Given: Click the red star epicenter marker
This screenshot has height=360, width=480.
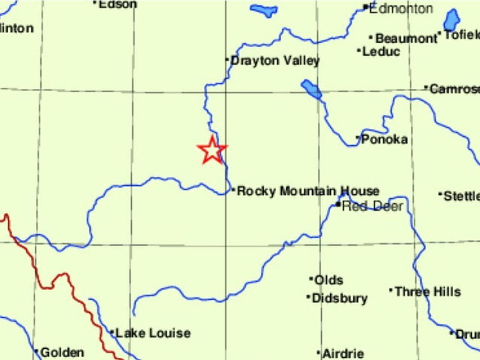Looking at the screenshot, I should pos(212,150).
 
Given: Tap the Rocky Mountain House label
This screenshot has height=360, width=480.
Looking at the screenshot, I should pos(308,191).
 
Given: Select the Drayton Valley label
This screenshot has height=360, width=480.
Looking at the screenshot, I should pos(275,61).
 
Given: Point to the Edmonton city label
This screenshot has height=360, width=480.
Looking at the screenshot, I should pos(401,8).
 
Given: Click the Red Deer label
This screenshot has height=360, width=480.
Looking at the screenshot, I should pos(372,206).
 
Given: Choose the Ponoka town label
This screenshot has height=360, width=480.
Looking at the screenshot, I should pos(384,139).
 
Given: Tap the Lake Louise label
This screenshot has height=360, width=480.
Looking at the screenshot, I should pos(153,333).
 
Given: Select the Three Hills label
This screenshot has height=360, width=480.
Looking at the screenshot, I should pos(427,291).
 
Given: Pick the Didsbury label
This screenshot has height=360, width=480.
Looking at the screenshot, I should pos(339,298).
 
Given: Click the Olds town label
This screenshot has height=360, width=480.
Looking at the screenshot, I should pos(328,280).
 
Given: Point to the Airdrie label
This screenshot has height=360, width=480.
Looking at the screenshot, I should pos(343,354).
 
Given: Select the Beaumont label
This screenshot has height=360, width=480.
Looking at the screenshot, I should pos(406,38).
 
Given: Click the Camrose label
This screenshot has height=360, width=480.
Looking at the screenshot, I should pos(454,89).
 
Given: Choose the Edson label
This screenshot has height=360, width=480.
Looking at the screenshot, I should pos(118,4).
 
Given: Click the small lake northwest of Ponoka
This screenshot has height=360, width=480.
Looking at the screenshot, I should pos(312,89).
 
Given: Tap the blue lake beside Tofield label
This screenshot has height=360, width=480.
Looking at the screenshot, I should pos(451,20).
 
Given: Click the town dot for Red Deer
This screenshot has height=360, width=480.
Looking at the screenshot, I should pos(338,205).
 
